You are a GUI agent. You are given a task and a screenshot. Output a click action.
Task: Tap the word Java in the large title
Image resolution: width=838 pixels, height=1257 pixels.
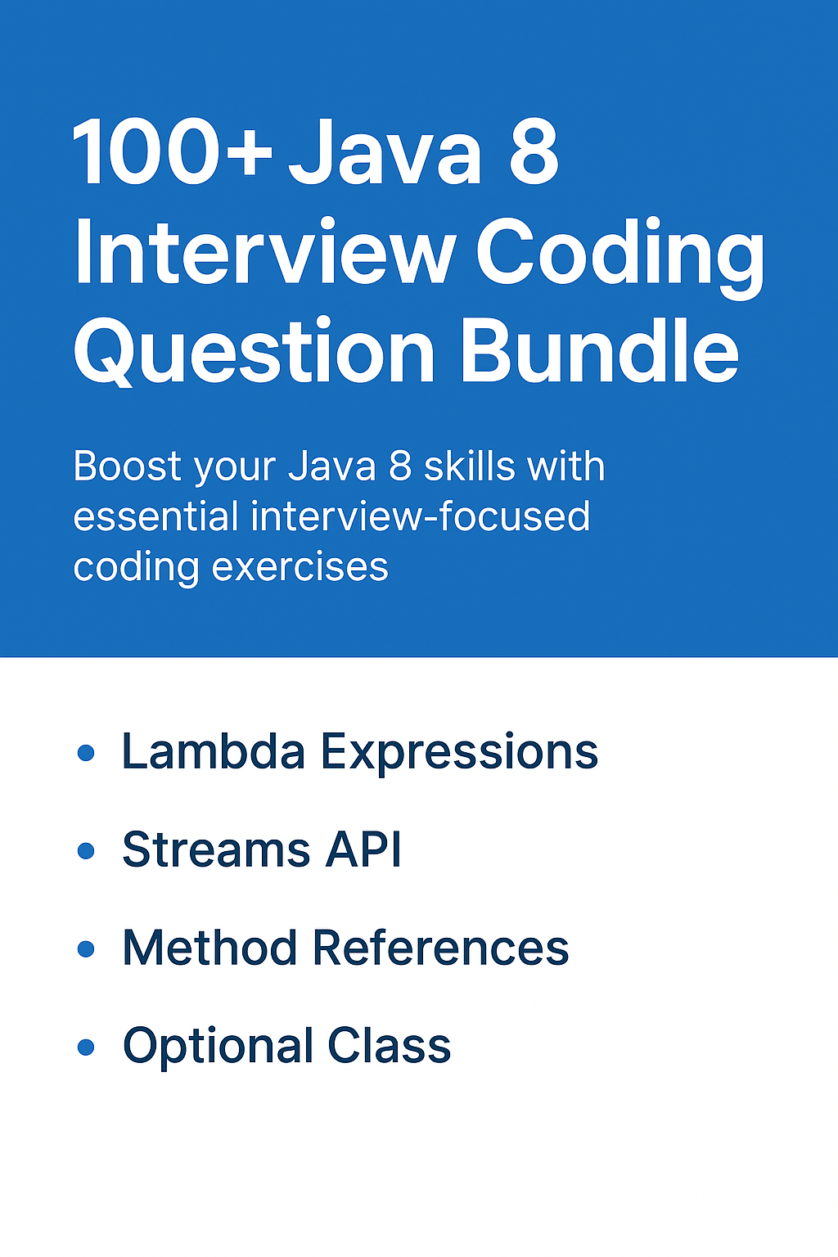[385, 152]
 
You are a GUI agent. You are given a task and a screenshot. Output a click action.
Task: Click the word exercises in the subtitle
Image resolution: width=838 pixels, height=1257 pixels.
[300, 567]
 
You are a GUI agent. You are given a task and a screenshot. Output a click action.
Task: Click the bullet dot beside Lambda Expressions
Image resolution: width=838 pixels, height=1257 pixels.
[85, 753]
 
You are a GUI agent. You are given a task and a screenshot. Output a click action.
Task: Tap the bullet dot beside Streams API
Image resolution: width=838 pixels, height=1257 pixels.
[85, 851]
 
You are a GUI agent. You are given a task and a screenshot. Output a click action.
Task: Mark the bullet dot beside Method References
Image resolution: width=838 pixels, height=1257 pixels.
[85, 949]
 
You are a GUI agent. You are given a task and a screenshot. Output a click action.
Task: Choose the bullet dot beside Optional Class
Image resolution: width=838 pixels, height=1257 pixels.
[85, 1047]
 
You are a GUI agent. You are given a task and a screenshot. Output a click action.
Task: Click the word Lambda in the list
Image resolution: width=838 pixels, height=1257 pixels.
[214, 750]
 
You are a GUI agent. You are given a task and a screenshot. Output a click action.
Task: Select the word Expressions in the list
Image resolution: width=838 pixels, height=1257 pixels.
[459, 754]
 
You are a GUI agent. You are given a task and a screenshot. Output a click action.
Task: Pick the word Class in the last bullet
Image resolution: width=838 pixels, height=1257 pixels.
[389, 1045]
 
